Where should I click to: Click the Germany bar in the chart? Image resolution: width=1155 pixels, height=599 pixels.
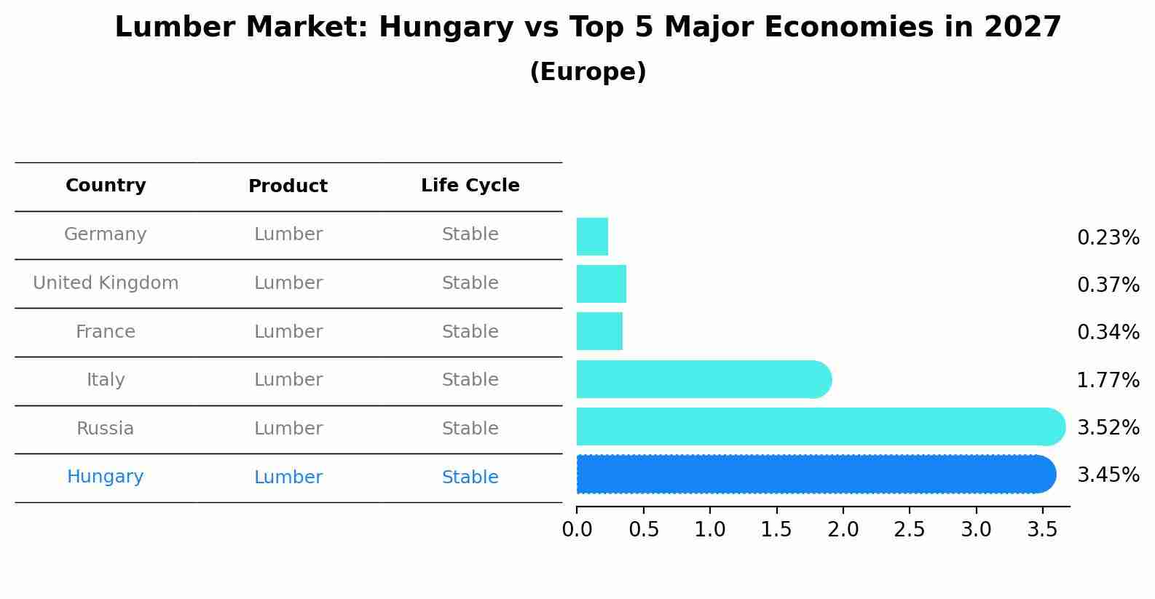click(592, 237)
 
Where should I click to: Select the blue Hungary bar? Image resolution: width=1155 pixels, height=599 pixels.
click(816, 475)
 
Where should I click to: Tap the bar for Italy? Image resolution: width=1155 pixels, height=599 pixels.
click(703, 379)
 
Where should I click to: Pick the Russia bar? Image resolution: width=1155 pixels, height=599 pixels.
click(820, 427)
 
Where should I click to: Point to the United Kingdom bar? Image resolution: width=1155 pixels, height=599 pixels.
click(602, 284)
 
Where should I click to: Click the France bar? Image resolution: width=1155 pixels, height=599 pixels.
click(599, 331)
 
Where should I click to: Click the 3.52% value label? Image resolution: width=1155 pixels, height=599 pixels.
click(1108, 427)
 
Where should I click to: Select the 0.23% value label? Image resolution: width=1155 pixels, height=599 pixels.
click(1108, 237)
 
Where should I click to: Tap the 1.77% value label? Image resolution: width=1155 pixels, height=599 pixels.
click(1108, 380)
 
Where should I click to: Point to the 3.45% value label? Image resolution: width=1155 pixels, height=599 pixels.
click(1108, 475)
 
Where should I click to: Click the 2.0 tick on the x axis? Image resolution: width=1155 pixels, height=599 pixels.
click(843, 530)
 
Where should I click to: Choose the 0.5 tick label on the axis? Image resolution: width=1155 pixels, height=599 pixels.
click(644, 530)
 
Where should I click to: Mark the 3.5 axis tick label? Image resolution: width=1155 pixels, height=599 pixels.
click(1042, 530)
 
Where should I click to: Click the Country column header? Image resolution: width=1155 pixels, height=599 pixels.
click(106, 186)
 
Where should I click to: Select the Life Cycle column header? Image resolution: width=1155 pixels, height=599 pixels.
click(470, 186)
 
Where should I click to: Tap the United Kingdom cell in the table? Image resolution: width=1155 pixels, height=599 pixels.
click(106, 283)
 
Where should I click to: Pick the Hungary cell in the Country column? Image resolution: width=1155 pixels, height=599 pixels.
click(106, 477)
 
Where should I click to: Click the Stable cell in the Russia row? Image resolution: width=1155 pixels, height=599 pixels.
click(470, 429)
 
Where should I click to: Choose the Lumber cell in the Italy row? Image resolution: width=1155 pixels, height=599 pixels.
click(288, 380)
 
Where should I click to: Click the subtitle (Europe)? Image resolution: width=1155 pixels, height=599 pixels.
click(588, 72)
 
